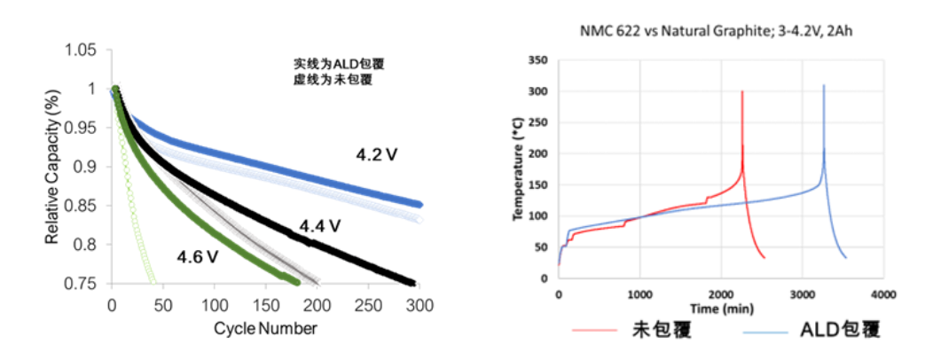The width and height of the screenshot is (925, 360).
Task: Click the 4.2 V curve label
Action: [x=376, y=155]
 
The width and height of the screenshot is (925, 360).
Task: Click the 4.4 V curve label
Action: [x=320, y=225]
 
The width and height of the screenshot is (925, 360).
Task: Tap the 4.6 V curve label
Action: [x=198, y=257]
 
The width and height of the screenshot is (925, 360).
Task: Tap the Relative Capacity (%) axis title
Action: [x=54, y=168]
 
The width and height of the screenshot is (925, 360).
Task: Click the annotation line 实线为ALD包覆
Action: [x=339, y=65]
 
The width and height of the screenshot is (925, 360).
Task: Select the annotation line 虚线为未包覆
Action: [x=333, y=80]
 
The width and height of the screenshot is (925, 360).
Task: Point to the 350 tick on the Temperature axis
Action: [x=537, y=60]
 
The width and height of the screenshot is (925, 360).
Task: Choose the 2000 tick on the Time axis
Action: [x=719, y=293]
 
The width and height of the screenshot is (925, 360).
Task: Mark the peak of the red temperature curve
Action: [x=742, y=91]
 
